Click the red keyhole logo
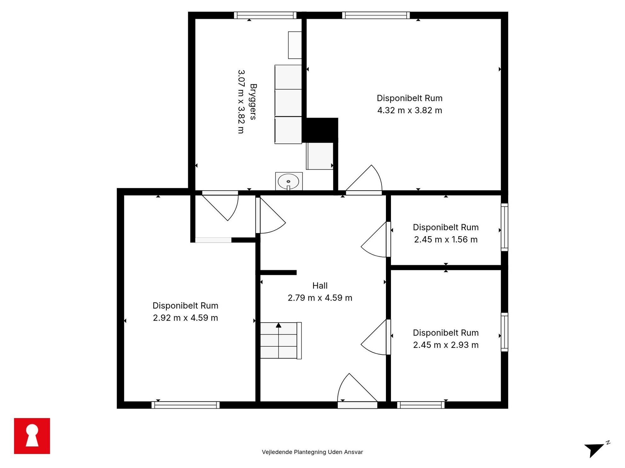point(32,436)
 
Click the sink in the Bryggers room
point(289,181)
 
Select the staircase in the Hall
point(281,341)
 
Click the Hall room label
point(320,286)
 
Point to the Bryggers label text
point(253,102)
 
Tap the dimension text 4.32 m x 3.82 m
point(410,110)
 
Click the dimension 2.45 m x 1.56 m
point(446,240)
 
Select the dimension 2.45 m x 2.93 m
point(446,345)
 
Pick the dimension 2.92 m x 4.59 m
point(185,318)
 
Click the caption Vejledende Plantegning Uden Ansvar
point(312,452)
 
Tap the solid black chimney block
point(320,130)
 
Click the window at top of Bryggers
point(265,15)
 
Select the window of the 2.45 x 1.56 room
point(504,227)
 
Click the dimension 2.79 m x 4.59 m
point(320,298)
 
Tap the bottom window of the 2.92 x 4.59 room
point(186,405)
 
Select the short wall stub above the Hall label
point(278,273)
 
